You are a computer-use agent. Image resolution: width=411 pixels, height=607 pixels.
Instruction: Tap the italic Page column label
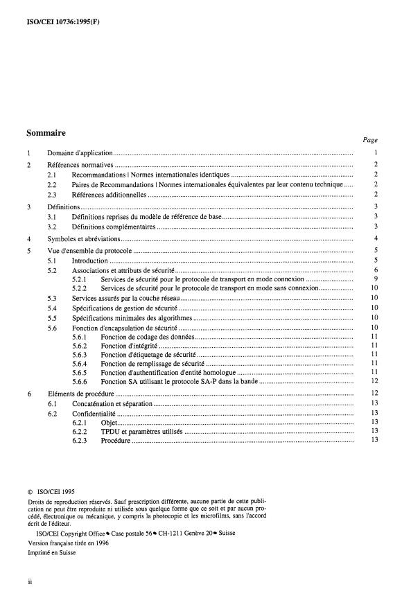[x=369, y=139]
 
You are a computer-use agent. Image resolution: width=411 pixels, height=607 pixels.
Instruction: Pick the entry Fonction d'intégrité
[x=130, y=345]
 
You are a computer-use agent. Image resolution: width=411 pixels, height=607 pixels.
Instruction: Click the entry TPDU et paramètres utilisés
[x=141, y=431]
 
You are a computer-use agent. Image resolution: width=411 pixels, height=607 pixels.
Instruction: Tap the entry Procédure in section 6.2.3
[x=115, y=440]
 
